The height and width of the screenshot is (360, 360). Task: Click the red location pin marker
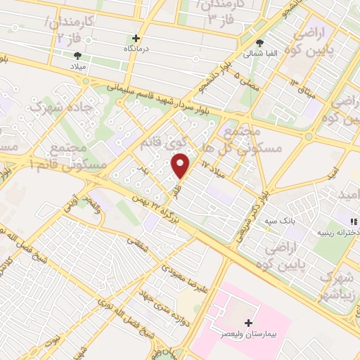(x=181, y=165)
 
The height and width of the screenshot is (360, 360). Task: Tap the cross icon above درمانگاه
(x=136, y=38)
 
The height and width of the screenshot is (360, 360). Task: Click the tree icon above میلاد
(x=77, y=55)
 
